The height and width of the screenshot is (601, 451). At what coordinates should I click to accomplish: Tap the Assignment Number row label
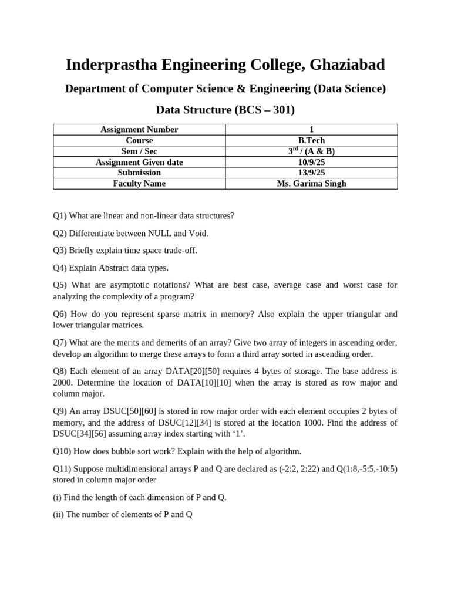[x=139, y=130]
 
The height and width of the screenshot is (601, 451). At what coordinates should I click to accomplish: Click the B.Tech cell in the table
[x=311, y=140]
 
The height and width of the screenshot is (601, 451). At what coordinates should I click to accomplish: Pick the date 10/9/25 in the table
[x=311, y=162]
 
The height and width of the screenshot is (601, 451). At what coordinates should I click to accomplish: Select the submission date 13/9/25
[x=311, y=173]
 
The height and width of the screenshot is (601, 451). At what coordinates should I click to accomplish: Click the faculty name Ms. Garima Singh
[x=311, y=184]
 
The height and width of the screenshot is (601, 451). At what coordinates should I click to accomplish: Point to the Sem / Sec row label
[x=139, y=151]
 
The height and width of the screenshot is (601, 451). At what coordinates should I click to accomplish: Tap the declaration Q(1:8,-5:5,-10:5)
[x=361, y=468]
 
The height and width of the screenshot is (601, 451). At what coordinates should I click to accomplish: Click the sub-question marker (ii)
[x=58, y=515]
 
